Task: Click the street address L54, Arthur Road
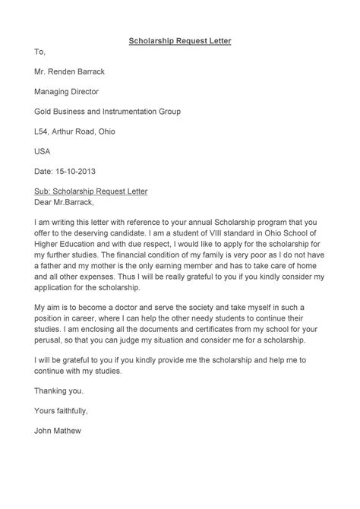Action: click(74, 131)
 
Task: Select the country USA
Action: click(44, 151)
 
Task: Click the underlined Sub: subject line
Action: click(91, 191)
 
